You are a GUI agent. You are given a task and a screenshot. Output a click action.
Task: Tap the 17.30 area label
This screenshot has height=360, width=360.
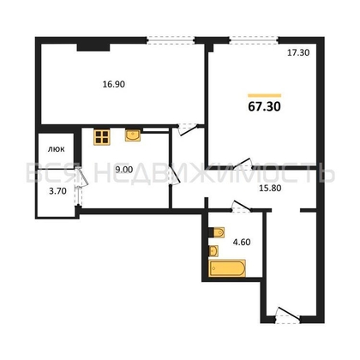(x=297, y=53)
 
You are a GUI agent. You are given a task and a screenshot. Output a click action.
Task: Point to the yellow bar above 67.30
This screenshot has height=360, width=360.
(x=264, y=94)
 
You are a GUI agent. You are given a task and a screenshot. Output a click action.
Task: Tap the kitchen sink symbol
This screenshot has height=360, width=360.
(x=133, y=135)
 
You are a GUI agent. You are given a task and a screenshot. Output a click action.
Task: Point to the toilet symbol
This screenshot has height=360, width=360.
(x=216, y=232)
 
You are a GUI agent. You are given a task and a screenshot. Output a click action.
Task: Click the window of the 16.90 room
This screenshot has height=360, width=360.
(x=170, y=39)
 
